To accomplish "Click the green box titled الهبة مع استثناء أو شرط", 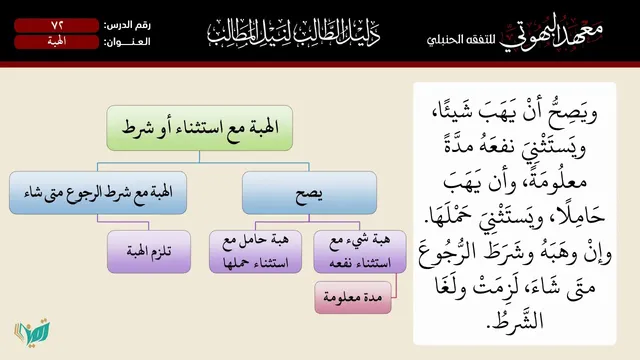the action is point(200,128).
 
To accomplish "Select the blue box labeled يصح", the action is point(309,193).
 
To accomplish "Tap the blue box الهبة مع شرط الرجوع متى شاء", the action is point(98,193).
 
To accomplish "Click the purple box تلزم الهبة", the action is point(149,251).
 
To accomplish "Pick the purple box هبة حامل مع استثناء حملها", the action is point(256,251).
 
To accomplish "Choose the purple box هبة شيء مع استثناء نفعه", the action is point(360,251).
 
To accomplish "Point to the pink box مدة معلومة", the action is point(353,298).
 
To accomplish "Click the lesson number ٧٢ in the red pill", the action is point(57,25).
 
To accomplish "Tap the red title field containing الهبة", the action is point(57,42).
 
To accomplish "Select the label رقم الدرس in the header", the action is point(127,25).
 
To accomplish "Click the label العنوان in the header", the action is point(127,42).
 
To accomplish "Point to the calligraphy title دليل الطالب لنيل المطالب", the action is point(294,32).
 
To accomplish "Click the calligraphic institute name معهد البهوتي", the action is point(551,33).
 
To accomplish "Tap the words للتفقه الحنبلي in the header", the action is point(461,40).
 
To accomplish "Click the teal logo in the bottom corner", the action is point(32,332).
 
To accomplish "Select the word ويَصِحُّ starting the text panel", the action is point(576,111).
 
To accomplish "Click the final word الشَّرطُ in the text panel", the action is point(515,318).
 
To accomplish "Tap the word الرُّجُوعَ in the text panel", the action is point(446,253).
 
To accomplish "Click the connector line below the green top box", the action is point(200,157).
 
